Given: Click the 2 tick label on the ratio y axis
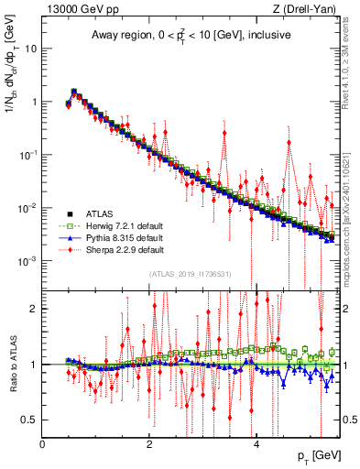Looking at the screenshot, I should [34, 309].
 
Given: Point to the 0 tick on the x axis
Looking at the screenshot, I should [43, 443].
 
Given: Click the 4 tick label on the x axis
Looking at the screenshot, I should [256, 443].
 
